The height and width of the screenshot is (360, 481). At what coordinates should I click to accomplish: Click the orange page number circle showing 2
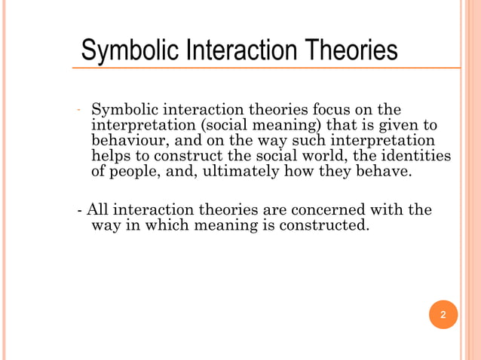coord(443,314)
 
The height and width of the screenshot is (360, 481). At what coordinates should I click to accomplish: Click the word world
coord(332,156)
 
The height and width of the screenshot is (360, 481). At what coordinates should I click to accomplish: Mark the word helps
coord(110,156)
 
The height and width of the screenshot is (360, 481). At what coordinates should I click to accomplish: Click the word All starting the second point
coord(97,209)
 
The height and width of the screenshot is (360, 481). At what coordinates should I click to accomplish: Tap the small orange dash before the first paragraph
coord(78,111)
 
